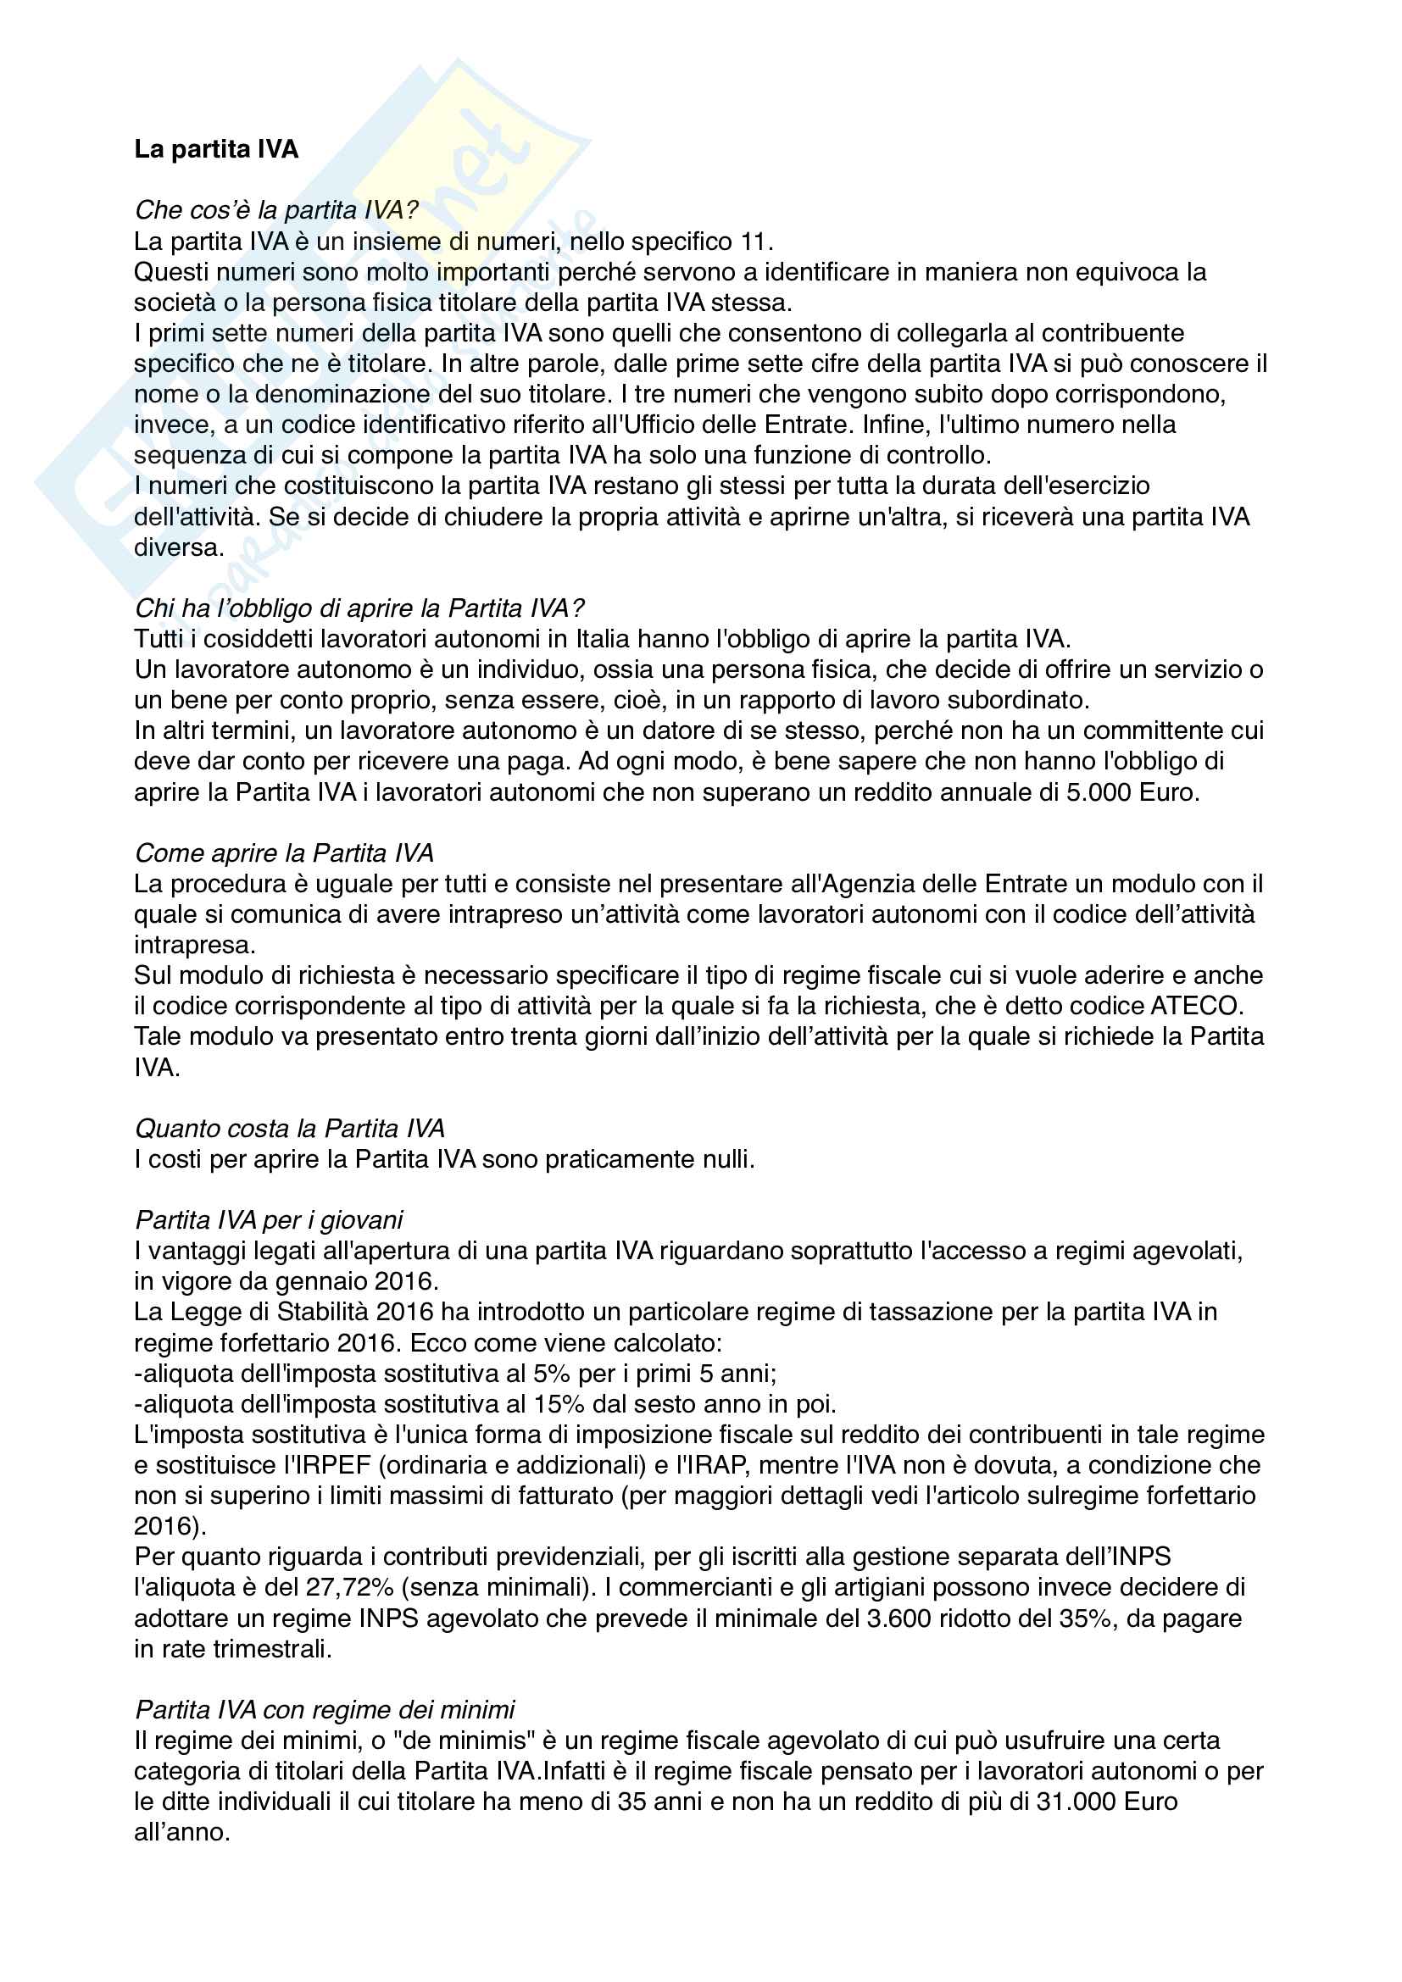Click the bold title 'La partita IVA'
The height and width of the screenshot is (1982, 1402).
[216, 149]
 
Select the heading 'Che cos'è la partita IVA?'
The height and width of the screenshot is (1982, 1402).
[276, 210]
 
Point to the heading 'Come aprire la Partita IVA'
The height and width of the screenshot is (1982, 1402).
[284, 853]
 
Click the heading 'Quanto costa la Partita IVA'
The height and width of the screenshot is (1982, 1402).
[289, 1128]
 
